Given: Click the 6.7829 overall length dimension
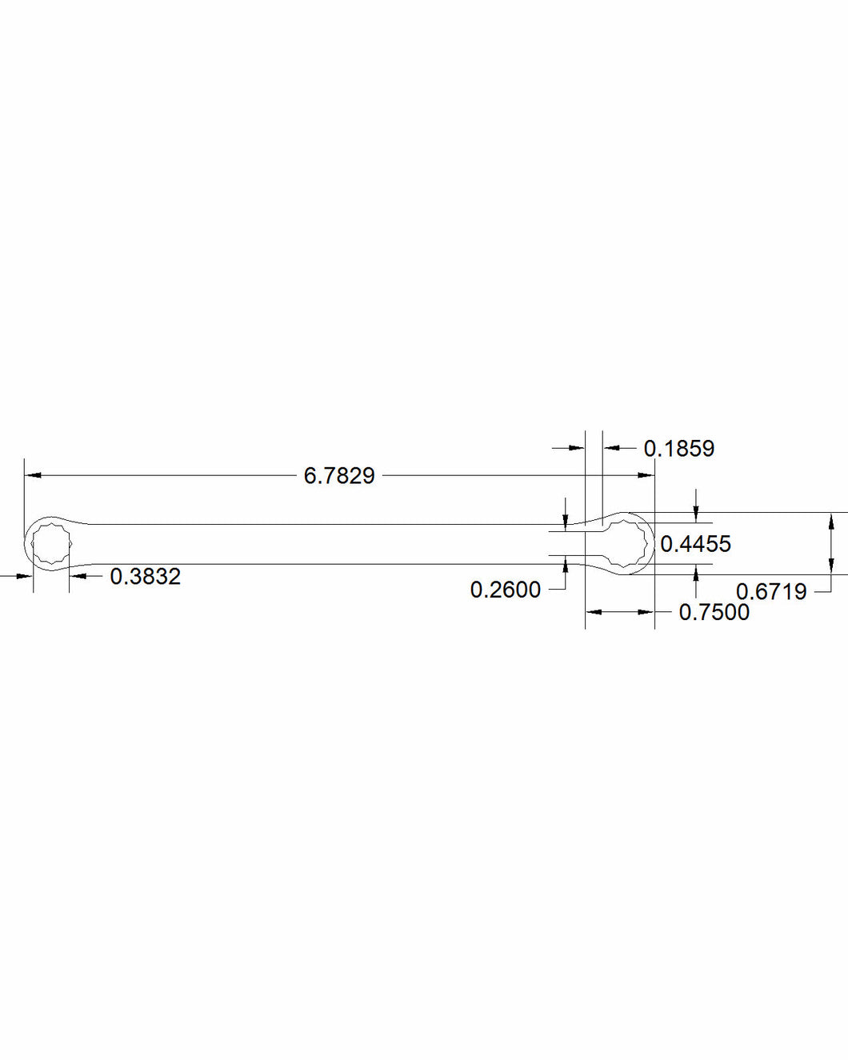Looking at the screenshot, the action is tap(339, 476).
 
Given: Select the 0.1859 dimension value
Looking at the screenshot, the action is tap(679, 449).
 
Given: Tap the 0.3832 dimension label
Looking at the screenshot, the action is tap(146, 576).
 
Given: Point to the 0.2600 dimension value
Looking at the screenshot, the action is tap(506, 590).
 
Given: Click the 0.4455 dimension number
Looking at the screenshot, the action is tap(695, 544).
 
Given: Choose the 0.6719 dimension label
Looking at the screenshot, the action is tap(771, 591).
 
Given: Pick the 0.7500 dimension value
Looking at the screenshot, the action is tap(714, 612).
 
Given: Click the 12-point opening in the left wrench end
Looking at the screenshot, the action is tap(52, 544).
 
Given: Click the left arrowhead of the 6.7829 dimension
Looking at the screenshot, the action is tap(33, 475).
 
